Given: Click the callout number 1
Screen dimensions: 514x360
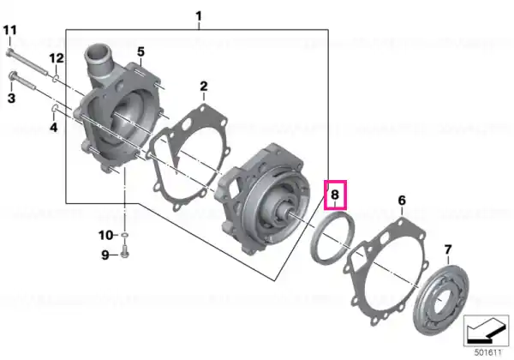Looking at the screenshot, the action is click(199, 16).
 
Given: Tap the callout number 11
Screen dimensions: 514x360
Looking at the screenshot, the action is click(9, 31).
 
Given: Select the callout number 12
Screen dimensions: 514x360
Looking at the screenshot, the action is click(57, 58).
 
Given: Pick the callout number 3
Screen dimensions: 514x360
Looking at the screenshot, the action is click(11, 98).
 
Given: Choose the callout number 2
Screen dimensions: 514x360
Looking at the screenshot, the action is click(204, 87).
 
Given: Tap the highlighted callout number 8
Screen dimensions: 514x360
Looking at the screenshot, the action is click(335, 195).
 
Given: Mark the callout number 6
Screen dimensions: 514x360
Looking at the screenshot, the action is click(402, 201).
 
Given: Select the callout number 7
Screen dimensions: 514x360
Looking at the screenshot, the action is click(448, 249).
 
